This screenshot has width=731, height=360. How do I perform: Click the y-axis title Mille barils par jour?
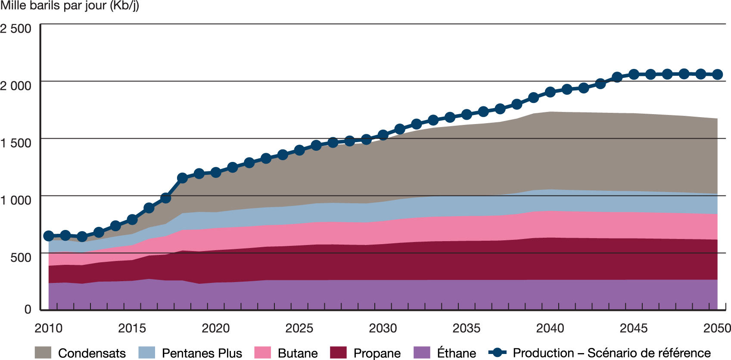point(69,6)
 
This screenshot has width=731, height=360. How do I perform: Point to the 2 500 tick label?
point(16,29)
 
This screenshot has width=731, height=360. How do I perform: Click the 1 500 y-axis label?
point(16,143)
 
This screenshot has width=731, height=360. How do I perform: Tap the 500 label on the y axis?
point(21,258)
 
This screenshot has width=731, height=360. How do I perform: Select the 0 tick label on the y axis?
point(28,309)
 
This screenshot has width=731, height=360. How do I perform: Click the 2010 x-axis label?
point(48,328)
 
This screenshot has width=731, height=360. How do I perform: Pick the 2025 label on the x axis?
point(299,328)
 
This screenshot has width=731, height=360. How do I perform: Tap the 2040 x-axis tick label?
point(550,328)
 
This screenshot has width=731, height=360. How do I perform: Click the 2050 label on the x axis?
point(717,328)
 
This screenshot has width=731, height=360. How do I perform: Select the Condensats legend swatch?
point(43,353)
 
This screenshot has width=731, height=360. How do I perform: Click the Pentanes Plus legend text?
point(202,353)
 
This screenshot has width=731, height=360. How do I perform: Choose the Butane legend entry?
point(298,353)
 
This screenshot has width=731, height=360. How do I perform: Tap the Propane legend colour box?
point(338,353)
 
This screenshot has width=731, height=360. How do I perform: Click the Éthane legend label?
point(457,353)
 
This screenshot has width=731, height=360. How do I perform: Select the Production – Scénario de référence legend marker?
point(498,353)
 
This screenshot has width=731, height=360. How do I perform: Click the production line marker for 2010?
point(49,236)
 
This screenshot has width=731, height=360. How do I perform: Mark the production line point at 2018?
point(182,178)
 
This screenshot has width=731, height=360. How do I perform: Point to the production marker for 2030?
point(383,135)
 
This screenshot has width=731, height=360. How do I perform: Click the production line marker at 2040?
point(550,92)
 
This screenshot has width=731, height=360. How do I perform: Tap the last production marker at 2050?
point(717,74)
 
